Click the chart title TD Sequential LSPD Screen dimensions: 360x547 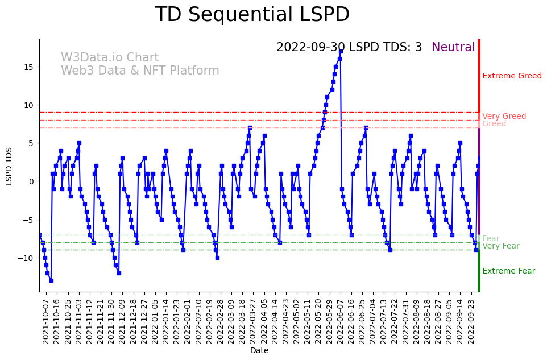[252, 15]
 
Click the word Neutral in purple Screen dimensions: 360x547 [453, 48]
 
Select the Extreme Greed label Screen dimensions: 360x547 [512, 76]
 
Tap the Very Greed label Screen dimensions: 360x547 [504, 117]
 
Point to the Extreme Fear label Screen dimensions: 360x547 [508, 271]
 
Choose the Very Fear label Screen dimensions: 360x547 [500, 246]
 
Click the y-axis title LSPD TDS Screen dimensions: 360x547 [9, 165]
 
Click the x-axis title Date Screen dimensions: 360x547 [259, 351]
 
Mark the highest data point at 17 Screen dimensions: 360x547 [341, 51]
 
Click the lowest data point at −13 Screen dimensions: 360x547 [51, 280]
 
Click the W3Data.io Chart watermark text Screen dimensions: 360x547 [110, 58]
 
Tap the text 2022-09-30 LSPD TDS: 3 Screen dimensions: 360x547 [349, 48]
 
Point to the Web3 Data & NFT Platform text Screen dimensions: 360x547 [140, 71]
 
